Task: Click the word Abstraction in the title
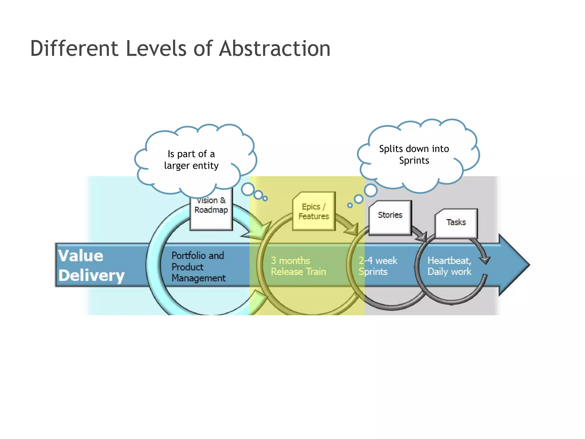point(275,49)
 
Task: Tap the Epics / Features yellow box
point(314,211)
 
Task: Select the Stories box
point(390,217)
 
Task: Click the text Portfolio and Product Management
point(198,267)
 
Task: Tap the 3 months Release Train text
point(298,266)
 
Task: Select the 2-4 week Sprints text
point(378,266)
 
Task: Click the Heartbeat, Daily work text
point(449,266)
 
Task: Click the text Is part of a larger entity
point(191,160)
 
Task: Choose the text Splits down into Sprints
point(414,155)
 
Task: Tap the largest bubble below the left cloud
point(248,189)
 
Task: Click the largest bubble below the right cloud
point(371,191)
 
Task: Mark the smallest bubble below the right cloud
point(350,205)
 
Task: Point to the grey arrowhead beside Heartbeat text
point(485,260)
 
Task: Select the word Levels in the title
point(156,49)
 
